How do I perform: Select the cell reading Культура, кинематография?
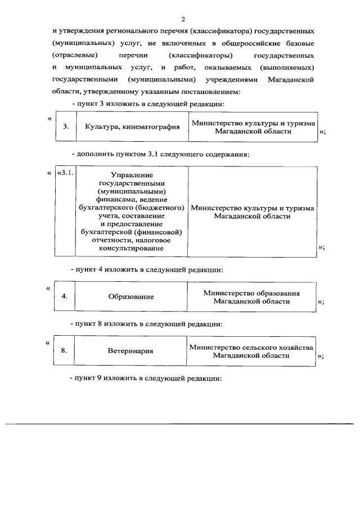click(132, 127)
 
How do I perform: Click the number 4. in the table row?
click(65, 296)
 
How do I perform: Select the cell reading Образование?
click(131, 296)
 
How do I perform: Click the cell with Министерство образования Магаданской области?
click(251, 296)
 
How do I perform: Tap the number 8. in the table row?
click(65, 350)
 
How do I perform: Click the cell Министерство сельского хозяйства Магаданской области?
click(251, 351)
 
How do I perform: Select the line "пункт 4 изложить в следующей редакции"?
click(147, 269)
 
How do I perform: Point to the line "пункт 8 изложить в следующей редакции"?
click(147, 324)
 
